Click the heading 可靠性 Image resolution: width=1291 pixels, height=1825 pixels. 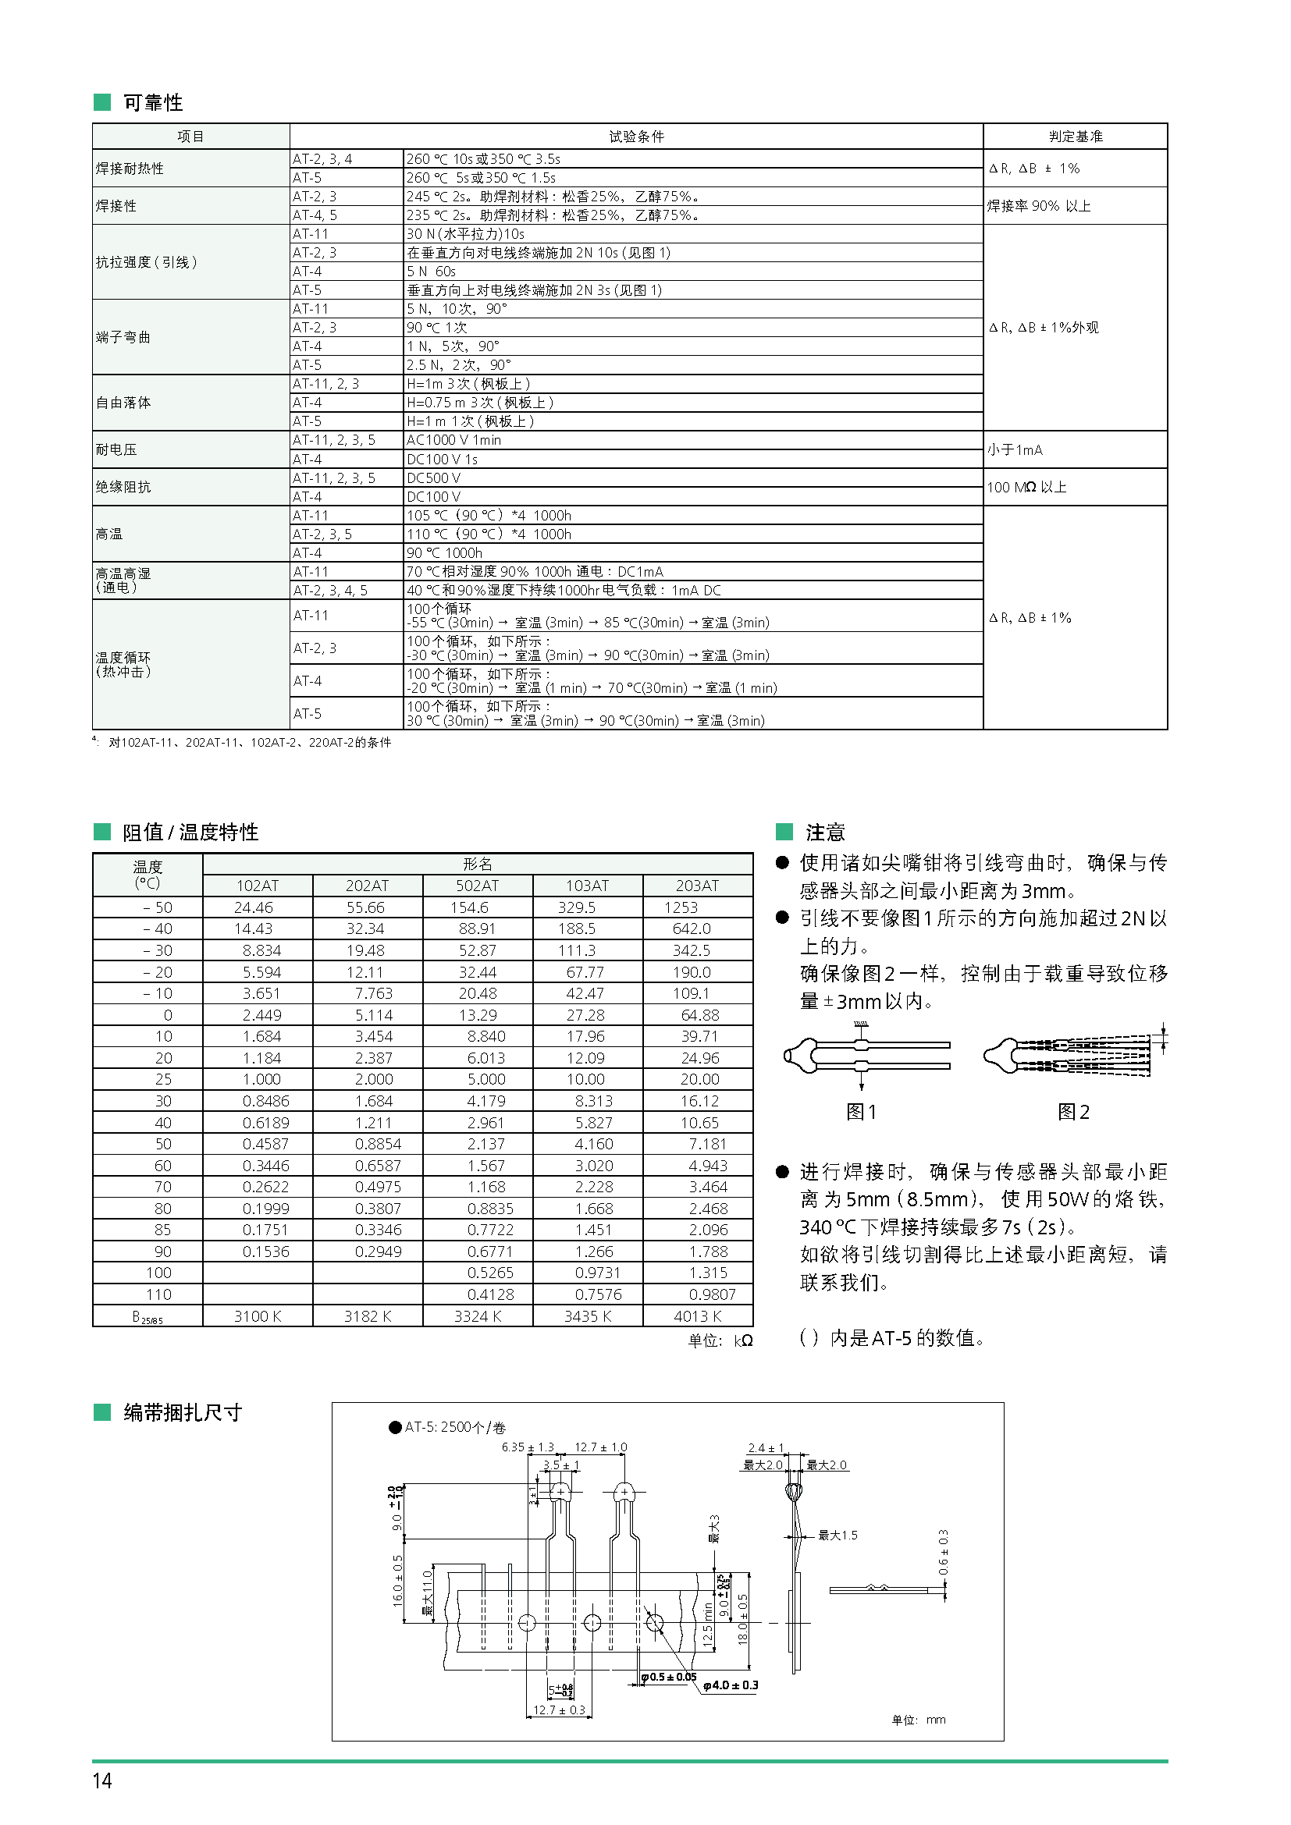tap(153, 102)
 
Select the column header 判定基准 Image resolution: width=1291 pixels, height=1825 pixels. tap(1075, 137)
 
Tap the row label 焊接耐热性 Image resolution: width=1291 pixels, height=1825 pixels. tap(130, 169)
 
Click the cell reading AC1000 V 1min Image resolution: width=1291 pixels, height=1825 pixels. tap(454, 440)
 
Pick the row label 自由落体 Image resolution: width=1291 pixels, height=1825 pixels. tap(123, 403)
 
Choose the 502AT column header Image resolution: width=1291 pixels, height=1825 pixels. tap(477, 886)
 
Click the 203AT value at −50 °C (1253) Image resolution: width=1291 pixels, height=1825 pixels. tap(681, 907)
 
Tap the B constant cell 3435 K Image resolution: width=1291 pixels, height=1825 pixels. tap(588, 1316)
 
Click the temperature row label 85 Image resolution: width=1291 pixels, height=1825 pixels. tap(163, 1230)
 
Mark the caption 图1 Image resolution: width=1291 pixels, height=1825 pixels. tap(861, 1112)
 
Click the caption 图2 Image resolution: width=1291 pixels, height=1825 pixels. tap(1073, 1112)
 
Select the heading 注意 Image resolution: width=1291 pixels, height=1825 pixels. tap(824, 833)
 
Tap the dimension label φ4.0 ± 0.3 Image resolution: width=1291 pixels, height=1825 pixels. tap(731, 1685)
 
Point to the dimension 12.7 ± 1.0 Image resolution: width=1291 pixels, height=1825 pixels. tap(601, 1447)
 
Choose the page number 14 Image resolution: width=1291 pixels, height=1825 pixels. tap(102, 1781)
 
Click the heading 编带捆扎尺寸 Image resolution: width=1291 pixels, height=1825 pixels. tap(182, 1412)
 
